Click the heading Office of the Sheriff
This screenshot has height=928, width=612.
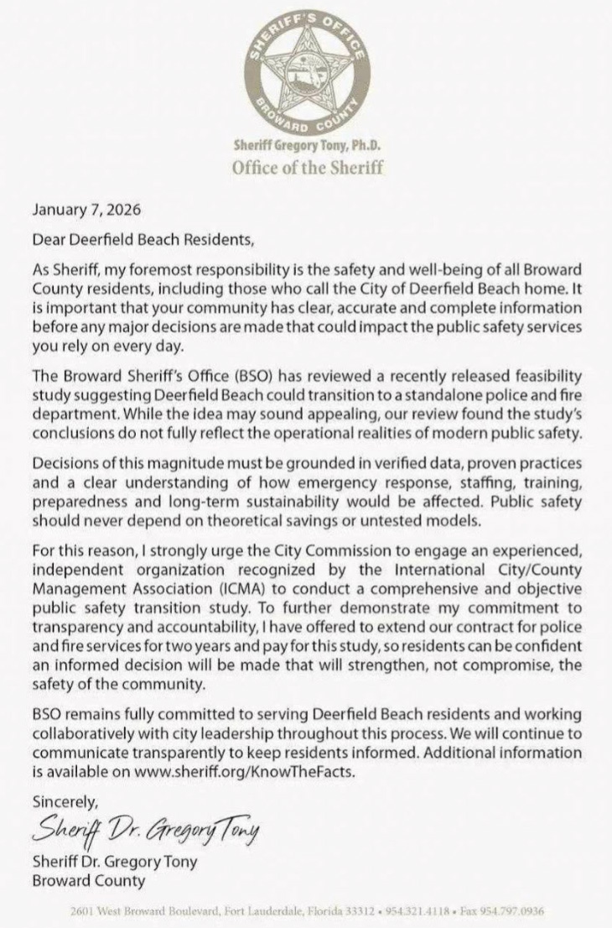(307, 166)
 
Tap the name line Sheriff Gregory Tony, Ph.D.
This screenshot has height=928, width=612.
(307, 146)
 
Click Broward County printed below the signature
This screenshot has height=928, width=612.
(89, 880)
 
